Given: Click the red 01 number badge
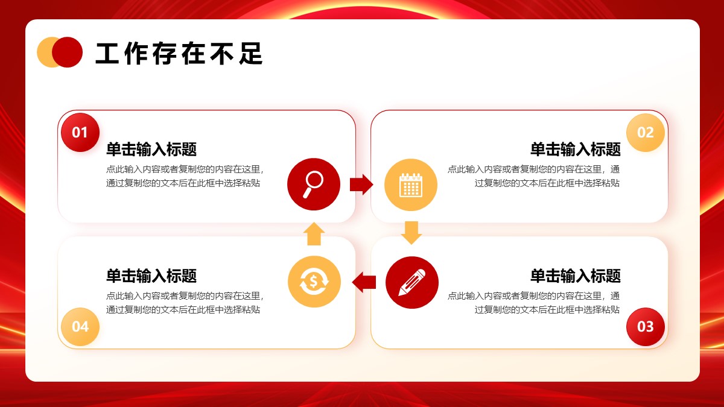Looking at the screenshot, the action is click(80, 133).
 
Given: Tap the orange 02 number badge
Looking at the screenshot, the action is click(646, 133).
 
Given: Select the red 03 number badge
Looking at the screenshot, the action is click(646, 327).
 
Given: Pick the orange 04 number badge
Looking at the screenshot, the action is click(80, 327).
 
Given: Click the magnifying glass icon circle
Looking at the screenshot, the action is click(314, 185).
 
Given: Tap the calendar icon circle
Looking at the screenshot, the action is click(411, 185).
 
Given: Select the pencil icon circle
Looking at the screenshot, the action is click(412, 283).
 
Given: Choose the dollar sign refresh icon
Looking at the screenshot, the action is click(314, 282).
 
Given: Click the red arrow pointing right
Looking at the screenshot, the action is click(361, 185).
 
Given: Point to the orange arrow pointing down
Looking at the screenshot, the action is click(411, 233).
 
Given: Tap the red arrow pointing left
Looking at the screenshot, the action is click(364, 282).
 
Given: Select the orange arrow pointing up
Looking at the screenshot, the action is click(314, 234).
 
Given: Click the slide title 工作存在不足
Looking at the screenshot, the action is click(179, 53).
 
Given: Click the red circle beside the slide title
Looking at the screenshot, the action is click(68, 52).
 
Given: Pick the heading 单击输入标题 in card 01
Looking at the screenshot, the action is click(151, 150).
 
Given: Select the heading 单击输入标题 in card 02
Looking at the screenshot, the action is click(576, 150).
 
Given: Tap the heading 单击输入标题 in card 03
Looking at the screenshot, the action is click(576, 276).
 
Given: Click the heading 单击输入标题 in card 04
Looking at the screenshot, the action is click(151, 276).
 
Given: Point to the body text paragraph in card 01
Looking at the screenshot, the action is click(185, 176).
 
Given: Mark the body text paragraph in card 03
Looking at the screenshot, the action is click(533, 303).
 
